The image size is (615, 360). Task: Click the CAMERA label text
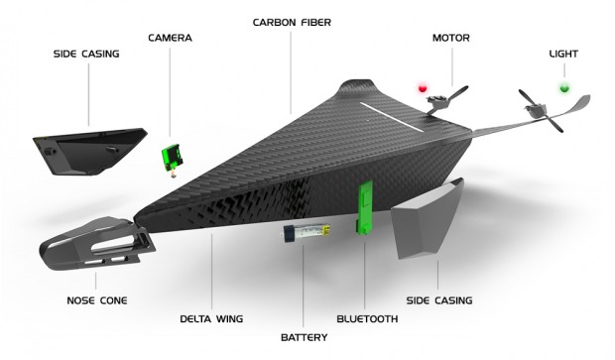[x=170, y=38]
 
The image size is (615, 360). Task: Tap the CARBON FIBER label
[x=293, y=21]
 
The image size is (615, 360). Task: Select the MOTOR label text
[x=450, y=38]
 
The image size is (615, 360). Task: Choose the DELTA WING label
[x=211, y=318]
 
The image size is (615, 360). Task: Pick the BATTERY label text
[x=305, y=336]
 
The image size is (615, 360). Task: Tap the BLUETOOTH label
[x=367, y=318]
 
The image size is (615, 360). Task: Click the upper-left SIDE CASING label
[x=86, y=54]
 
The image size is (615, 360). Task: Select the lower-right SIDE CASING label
[x=439, y=300]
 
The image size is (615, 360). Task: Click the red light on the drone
[x=424, y=89]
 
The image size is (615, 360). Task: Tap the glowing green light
[x=565, y=88]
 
